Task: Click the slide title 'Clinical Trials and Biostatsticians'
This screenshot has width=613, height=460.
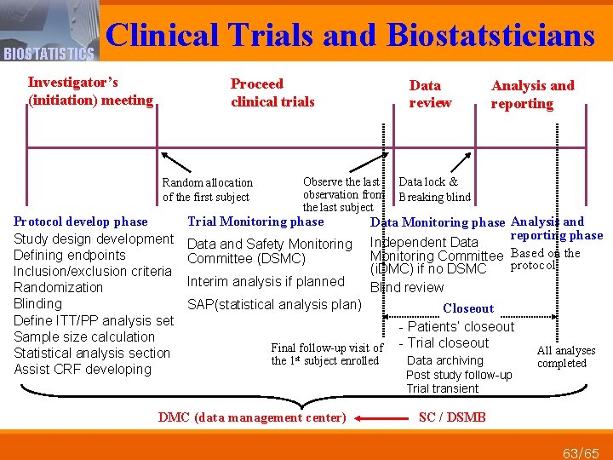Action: (350, 34)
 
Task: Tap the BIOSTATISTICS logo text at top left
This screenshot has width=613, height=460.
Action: (49, 55)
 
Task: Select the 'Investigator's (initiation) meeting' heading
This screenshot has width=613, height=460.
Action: (90, 91)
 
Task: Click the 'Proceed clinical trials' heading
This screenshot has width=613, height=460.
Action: (272, 93)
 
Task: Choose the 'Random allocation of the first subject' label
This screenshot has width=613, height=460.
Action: (207, 190)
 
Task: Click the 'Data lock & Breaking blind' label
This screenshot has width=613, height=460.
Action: (434, 189)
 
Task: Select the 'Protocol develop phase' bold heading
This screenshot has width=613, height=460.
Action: (81, 222)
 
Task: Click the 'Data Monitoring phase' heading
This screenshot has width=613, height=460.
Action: (438, 222)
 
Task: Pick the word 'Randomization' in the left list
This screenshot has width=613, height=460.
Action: (58, 287)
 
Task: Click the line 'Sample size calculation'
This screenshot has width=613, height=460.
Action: (84, 336)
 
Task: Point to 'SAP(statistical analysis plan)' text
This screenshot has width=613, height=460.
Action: (274, 304)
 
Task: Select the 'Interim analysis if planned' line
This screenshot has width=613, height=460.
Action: (266, 282)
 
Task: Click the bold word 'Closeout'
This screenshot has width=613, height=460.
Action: (468, 308)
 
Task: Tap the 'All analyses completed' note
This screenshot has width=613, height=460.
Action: (566, 357)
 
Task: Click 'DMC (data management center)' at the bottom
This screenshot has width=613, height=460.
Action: (252, 417)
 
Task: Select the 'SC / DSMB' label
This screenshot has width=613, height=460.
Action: (452, 417)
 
